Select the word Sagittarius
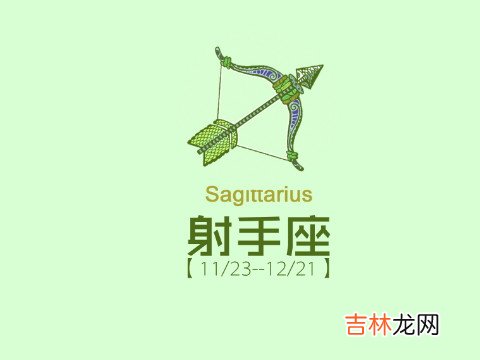[x=258, y=193]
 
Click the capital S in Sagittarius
[x=210, y=193]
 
